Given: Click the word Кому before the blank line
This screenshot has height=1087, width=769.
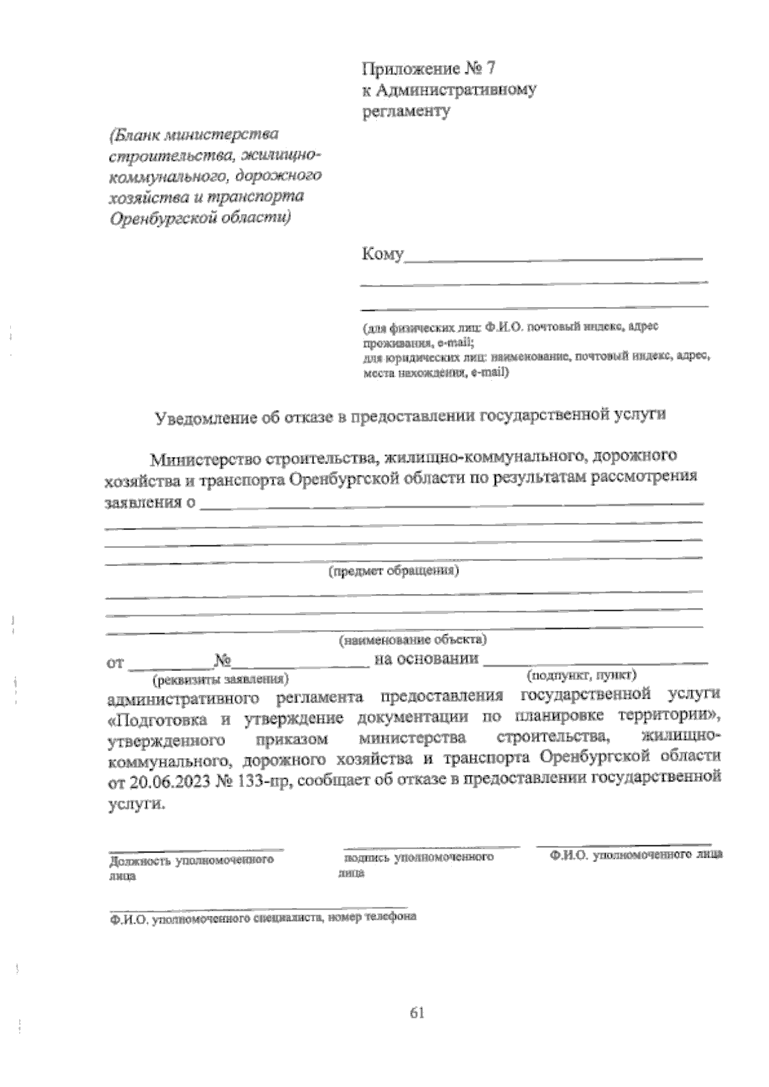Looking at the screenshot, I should pos(382,254).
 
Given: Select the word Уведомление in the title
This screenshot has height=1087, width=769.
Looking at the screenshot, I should pos(203,418).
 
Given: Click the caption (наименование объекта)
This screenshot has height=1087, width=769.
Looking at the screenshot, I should pos(413,639).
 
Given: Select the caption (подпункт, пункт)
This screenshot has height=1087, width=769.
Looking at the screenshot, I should pos(580,675).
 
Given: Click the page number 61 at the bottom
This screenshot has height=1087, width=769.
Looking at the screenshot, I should pos(417,1013).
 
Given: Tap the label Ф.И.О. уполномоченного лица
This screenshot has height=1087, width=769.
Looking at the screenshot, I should pos(636,855).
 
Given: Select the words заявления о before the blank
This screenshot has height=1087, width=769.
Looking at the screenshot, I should pos(149,502).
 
